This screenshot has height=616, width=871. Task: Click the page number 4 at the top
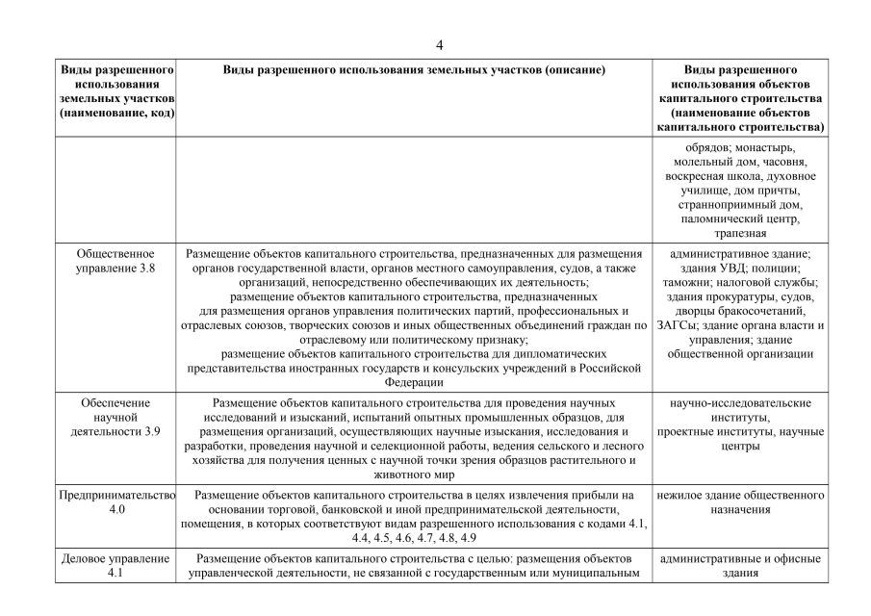pos(439,45)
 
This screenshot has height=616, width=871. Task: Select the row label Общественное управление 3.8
pos(115,260)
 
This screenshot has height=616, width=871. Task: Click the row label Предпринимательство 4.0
pos(115,502)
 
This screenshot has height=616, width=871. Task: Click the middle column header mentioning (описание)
pos(414,71)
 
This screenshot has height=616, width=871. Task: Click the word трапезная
pos(740,233)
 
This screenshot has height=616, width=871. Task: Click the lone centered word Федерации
pos(414,381)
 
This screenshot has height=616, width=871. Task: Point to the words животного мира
pos(414,474)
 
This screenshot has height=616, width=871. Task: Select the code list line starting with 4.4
pos(414,537)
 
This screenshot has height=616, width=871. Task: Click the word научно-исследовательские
pos(740,402)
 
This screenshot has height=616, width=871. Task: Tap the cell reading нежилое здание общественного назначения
pos(740,502)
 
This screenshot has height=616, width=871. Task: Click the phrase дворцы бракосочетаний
pos(740,311)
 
